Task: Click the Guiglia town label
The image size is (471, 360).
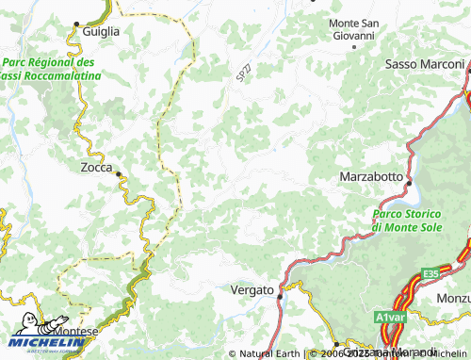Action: click(x=101, y=31)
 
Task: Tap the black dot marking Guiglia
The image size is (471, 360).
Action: click(x=76, y=31)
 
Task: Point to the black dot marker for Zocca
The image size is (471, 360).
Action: click(x=117, y=173)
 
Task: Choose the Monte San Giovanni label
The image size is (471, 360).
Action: click(x=350, y=28)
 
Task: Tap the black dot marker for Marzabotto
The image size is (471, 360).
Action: click(x=407, y=176)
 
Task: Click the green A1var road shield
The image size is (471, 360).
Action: click(x=391, y=318)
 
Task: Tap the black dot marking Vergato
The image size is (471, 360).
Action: click(x=280, y=296)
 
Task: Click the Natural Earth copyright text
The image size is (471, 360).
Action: click(x=269, y=353)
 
